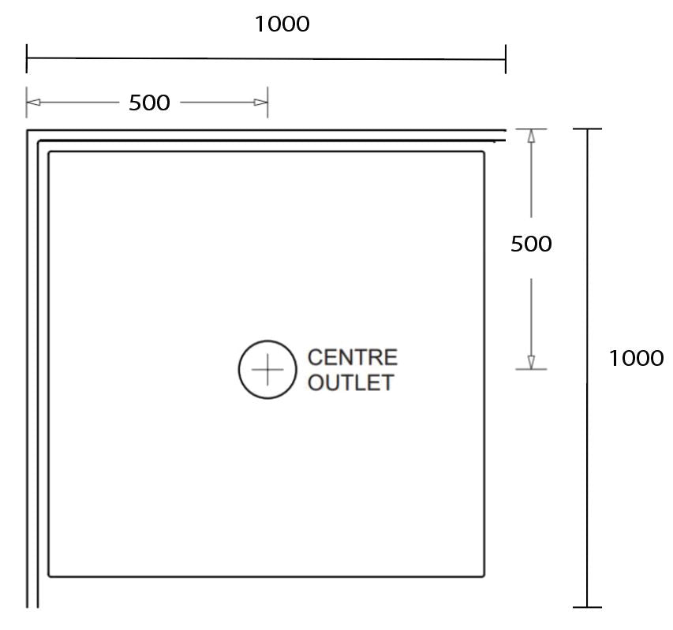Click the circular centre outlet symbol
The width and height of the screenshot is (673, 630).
pos(268,369)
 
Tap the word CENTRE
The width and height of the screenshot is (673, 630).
pos(352,358)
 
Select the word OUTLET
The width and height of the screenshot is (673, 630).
pos(350,383)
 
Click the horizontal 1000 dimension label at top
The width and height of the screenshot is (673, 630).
pos(282,24)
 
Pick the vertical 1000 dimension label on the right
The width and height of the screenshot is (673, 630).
pos(636,359)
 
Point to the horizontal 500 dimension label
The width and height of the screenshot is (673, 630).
pos(149,103)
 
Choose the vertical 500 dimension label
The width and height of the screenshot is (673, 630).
pos(531,244)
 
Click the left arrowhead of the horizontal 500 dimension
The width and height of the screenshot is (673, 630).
pos(33,103)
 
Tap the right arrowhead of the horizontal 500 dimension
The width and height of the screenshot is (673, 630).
pos(260,103)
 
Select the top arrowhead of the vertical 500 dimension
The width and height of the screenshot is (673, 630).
pos(531,136)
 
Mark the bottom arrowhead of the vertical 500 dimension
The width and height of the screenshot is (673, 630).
pos(531,362)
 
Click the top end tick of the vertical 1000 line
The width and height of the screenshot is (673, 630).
pos(587,129)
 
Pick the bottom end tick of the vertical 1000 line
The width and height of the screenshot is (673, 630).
pos(587,607)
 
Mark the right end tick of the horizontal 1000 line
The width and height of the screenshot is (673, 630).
pos(505,59)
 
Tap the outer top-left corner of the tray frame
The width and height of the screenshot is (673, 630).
pos(28,130)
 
